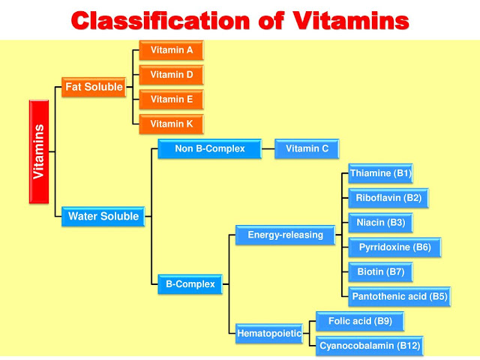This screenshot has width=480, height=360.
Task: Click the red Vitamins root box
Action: [x=39, y=151]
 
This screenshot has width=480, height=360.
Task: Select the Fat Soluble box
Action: [x=94, y=87]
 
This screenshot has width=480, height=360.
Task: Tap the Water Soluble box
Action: [x=103, y=217]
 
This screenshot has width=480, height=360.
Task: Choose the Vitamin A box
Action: [x=172, y=50]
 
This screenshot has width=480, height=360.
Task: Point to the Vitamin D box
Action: [x=172, y=75]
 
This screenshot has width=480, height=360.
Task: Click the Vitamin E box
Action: [x=172, y=99]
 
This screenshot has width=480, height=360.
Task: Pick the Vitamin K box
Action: [x=172, y=124]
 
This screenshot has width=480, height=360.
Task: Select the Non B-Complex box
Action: [x=210, y=148]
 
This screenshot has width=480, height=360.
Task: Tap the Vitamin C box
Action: [x=307, y=148]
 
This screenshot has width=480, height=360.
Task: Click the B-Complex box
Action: [x=190, y=284]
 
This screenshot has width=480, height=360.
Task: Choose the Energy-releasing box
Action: [x=285, y=235]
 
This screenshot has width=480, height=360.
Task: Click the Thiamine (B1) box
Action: [x=381, y=173]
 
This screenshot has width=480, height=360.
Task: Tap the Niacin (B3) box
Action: [x=379, y=223]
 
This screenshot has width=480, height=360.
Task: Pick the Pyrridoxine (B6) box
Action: [x=394, y=247]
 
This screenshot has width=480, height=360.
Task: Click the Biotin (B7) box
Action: [x=380, y=271]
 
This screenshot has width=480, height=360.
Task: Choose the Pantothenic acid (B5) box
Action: [x=399, y=296]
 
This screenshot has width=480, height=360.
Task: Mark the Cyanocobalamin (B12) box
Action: [x=370, y=346]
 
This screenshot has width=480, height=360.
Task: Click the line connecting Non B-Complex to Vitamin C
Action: [x=268, y=148]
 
